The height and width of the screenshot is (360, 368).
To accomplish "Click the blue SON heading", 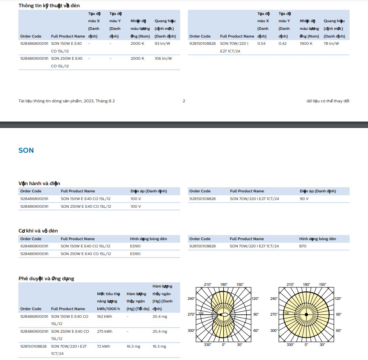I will (26, 151).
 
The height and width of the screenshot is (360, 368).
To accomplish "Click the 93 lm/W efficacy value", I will (163, 44).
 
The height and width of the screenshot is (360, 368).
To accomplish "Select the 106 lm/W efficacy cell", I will (163, 58).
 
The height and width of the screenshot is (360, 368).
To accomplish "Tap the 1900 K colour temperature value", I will (306, 44).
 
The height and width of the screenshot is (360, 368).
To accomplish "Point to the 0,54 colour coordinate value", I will (261, 44).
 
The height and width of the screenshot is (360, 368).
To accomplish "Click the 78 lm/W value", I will (331, 44).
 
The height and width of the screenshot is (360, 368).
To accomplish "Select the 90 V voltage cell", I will (304, 199).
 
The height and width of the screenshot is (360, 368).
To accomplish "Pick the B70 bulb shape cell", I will (303, 246).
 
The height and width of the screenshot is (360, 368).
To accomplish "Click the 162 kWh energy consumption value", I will (105, 316).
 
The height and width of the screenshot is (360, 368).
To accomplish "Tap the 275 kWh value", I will (105, 331).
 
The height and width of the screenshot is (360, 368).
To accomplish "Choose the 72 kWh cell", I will (103, 346).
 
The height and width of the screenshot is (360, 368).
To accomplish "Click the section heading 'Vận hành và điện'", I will (39, 183).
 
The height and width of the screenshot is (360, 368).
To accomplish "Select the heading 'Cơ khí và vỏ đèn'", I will (38, 231).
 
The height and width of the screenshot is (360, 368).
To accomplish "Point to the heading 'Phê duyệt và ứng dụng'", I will (46, 279).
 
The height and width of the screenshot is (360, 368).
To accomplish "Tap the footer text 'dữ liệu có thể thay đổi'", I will (328, 101).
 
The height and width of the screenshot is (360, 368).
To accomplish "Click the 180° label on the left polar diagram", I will (224, 285).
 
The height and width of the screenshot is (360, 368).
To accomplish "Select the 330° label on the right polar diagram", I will (290, 345).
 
